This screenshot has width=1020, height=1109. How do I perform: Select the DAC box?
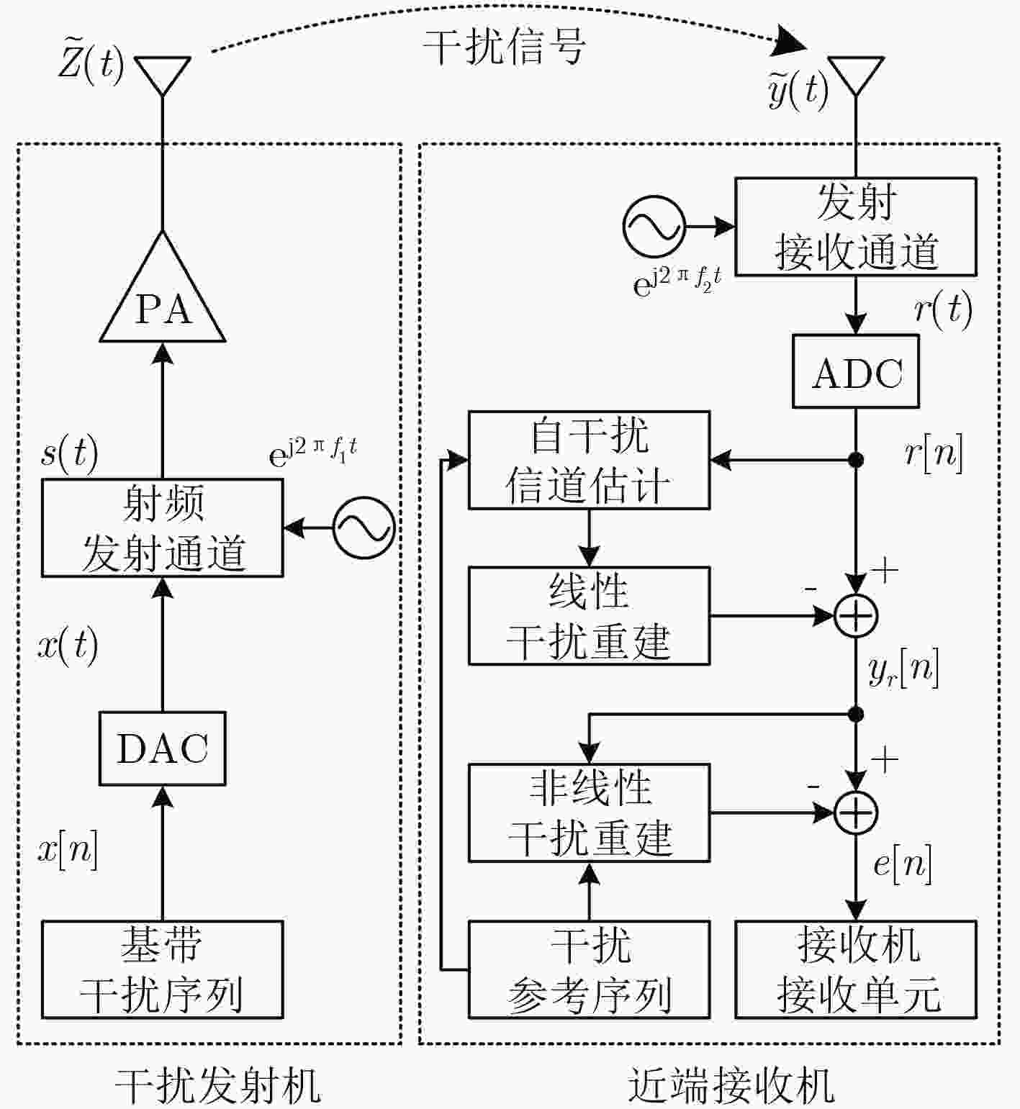[x=163, y=748]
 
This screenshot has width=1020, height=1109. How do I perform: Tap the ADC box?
[x=856, y=371]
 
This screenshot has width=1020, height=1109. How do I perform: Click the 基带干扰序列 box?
[x=163, y=969]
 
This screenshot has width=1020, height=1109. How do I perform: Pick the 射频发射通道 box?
[x=163, y=528]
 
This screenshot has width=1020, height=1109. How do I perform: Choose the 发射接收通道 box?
[x=856, y=227]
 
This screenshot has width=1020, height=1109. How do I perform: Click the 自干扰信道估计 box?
[x=590, y=460]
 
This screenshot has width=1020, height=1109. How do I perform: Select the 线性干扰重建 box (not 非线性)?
[x=590, y=615]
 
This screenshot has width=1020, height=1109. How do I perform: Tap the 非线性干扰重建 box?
[x=590, y=812]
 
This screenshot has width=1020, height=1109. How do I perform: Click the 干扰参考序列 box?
[x=590, y=969]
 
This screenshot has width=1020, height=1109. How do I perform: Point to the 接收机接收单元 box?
[x=856, y=969]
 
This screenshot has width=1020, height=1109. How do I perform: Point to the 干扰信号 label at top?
[x=504, y=47]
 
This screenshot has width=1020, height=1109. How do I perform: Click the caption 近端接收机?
[x=731, y=1085]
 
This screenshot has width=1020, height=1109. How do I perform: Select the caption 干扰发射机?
[x=218, y=1085]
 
